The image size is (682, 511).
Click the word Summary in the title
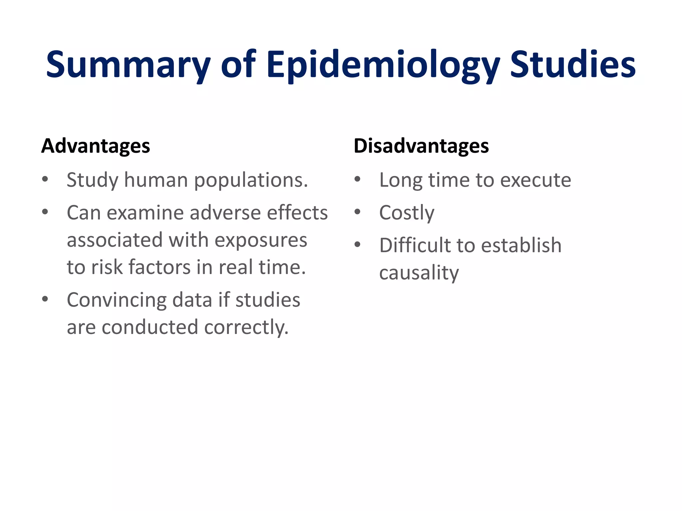tap(128, 65)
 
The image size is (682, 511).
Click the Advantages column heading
tap(96, 146)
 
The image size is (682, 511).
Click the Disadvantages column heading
tap(421, 146)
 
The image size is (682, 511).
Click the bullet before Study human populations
tap(45, 180)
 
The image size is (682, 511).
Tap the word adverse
tap(225, 213)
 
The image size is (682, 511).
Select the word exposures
tap(261, 241)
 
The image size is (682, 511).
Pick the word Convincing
tap(116, 300)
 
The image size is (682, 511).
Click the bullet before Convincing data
tap(45, 299)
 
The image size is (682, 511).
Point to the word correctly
tap(246, 328)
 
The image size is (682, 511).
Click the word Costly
tap(407, 213)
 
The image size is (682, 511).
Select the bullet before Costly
tap(357, 212)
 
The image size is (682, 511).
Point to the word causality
tap(419, 273)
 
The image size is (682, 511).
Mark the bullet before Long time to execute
tap(357, 180)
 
